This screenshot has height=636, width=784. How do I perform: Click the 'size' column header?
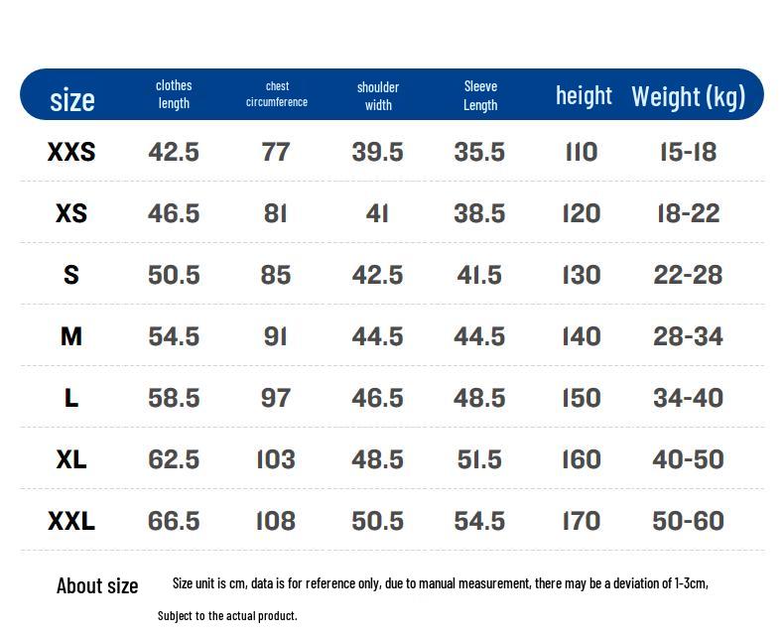click(72, 100)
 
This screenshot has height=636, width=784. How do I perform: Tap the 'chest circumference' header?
click(277, 94)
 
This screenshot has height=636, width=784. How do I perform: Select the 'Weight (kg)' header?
click(688, 96)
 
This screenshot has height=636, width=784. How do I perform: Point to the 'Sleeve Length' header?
click(480, 95)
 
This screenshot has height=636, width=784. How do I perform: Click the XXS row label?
click(71, 152)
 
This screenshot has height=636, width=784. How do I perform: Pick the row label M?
click(71, 336)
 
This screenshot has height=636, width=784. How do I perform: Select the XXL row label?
click(71, 521)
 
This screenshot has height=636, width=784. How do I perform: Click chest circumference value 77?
click(276, 152)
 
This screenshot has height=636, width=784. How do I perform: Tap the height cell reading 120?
click(581, 213)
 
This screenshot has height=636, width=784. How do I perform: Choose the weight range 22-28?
click(688, 275)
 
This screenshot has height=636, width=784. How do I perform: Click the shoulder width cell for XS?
click(377, 213)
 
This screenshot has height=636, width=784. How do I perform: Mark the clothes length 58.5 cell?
click(174, 398)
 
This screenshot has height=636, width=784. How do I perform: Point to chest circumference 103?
click(276, 459)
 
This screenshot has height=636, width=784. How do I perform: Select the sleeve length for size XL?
click(479, 459)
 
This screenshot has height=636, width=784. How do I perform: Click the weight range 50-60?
click(688, 521)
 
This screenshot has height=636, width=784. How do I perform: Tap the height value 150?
click(581, 398)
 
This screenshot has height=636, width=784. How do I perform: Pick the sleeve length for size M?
click(479, 336)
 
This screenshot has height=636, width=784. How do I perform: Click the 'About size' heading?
click(97, 585)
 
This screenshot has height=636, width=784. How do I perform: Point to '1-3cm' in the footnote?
click(691, 583)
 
